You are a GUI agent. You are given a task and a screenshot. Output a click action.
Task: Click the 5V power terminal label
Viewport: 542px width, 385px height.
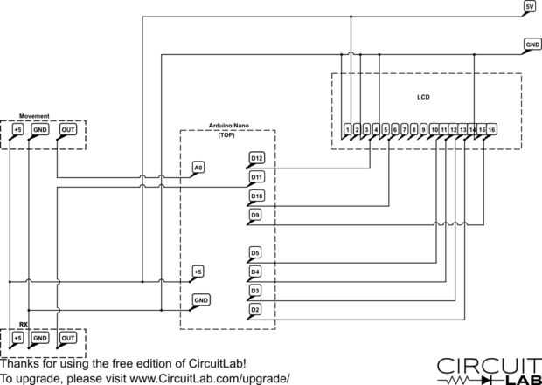(529, 7)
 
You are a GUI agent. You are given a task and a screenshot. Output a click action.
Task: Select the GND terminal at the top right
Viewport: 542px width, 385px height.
(532, 43)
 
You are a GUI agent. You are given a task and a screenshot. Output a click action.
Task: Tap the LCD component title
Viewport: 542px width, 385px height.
(424, 96)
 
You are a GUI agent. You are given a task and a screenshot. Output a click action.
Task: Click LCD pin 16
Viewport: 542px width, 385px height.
(492, 130)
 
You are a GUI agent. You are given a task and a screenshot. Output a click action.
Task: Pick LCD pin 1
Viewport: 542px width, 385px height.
(348, 130)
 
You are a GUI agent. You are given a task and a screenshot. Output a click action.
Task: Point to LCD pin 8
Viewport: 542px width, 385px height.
(414, 130)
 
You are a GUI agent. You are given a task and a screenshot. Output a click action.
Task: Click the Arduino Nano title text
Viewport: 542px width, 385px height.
(228, 126)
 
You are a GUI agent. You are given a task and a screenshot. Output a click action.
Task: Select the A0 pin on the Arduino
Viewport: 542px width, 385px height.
(199, 167)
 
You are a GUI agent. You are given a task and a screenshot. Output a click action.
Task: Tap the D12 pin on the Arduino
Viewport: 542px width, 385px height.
(256, 158)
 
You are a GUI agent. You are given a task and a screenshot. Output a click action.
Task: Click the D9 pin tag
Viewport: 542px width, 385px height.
(255, 214)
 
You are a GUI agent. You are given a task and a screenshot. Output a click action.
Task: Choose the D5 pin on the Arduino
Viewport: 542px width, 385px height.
(255, 253)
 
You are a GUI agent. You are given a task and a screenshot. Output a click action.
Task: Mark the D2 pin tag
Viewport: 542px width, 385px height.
(255, 309)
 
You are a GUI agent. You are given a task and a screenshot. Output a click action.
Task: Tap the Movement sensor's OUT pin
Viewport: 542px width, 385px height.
(67, 130)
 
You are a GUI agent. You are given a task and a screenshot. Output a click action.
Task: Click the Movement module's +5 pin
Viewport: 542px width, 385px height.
(17, 130)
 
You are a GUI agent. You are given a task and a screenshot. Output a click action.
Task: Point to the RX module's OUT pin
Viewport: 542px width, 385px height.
(67, 337)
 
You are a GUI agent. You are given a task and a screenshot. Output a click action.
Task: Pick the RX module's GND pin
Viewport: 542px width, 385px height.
(40, 337)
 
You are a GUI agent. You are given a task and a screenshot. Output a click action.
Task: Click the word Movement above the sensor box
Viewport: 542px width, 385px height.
(34, 116)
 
